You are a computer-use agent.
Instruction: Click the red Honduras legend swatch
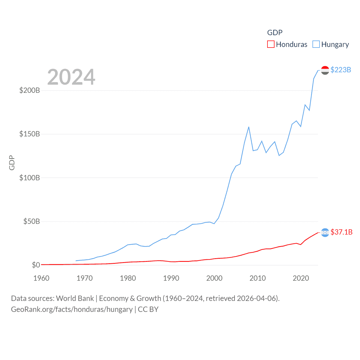pos(271,44)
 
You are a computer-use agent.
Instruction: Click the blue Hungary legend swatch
pos(316,44)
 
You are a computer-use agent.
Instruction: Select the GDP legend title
pos(274,33)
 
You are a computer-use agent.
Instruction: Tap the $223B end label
pos(341,70)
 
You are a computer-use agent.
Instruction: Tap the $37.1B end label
pos(341,232)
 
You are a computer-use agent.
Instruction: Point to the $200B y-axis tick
pos(30,90)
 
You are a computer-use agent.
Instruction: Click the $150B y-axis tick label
pos(30,134)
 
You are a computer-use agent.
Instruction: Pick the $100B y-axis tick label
pos(30,178)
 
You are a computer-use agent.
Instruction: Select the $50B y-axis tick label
pos(31,221)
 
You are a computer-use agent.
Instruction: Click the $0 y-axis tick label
pos(36,265)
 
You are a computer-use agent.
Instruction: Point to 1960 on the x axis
pos(41,278)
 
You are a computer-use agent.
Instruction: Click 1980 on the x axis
pos(128,278)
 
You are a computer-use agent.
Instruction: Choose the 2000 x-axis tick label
pos(214,278)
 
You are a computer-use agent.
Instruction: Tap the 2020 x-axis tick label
pos(301,278)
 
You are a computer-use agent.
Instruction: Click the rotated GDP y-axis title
pos(12,163)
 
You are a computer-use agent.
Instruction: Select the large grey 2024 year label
pos(71,77)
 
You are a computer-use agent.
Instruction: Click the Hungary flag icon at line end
pos(325,70)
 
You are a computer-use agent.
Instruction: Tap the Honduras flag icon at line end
pos(325,233)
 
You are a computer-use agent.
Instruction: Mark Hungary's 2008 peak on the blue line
pos(249,127)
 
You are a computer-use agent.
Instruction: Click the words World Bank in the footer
pos(75,298)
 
